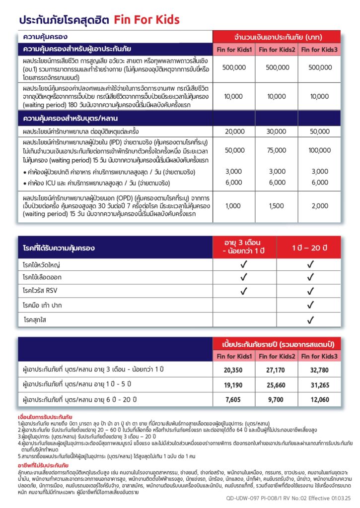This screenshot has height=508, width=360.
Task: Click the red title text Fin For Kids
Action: point(146,20)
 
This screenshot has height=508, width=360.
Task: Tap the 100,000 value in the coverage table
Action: point(320,150)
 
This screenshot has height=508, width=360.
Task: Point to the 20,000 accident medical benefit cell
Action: point(234,131)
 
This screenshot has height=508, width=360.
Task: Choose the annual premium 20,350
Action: point(234,370)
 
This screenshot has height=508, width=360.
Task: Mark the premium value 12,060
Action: point(320,399)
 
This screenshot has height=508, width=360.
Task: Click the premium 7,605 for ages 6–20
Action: point(234,399)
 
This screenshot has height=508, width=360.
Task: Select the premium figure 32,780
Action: point(320,370)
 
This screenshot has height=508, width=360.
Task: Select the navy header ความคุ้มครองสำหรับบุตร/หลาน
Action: point(70,118)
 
